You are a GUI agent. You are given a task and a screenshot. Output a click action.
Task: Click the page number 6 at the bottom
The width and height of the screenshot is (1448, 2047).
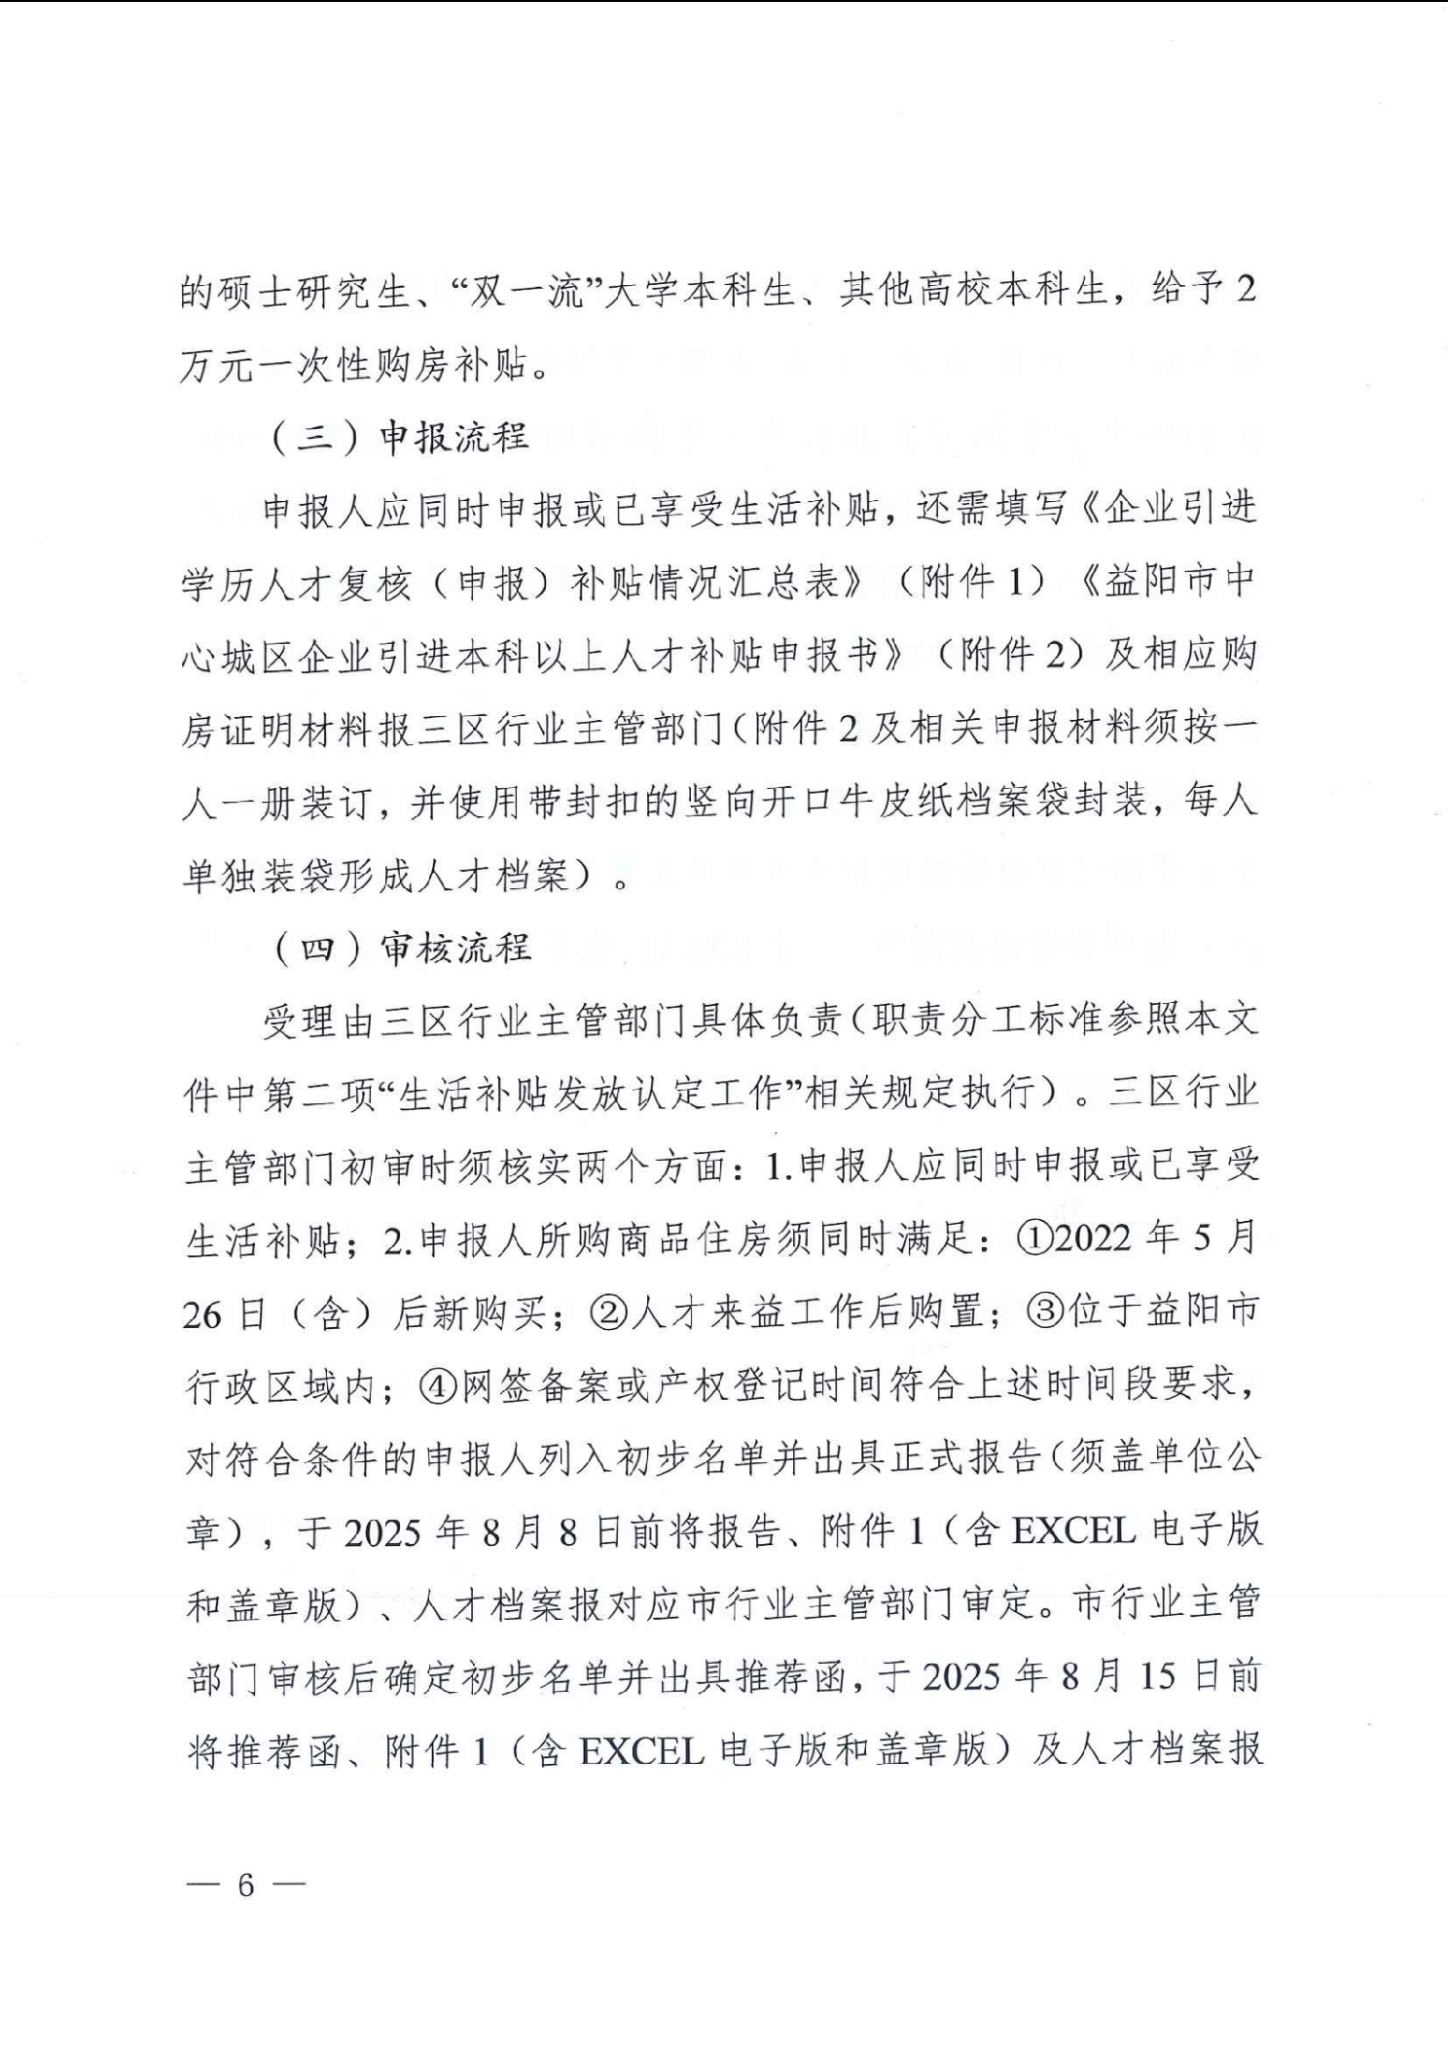pos(245,1885)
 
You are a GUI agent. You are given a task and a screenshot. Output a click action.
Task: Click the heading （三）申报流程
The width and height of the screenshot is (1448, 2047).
pos(400,438)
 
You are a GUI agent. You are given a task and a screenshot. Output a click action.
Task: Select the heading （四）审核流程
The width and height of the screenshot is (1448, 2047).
pos(400,948)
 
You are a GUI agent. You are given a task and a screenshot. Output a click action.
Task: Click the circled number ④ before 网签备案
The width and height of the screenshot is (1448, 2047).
pos(440,1385)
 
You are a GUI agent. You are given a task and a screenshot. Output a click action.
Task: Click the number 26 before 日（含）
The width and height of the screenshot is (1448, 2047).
pos(202,1313)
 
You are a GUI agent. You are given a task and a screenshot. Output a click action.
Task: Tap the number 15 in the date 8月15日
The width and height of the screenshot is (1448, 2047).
pos(1157,1677)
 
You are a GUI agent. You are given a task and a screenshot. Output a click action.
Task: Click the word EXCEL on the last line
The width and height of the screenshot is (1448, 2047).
pos(641,1751)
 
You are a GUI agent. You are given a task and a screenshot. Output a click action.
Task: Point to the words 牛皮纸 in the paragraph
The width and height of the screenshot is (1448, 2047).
pos(902,804)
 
